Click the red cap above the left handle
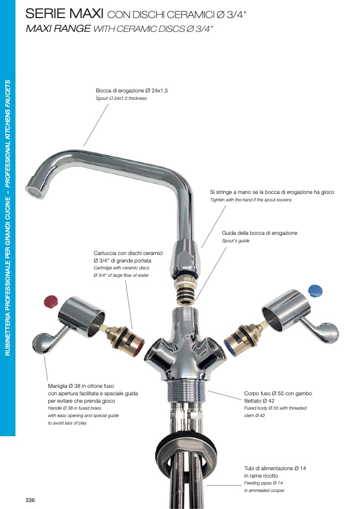51,301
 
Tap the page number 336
30,500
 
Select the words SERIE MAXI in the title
64,14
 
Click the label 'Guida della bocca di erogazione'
259,233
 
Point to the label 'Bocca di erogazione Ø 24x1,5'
131,90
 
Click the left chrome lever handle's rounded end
42,343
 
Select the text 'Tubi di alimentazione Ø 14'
275,468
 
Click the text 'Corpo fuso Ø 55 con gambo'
278,393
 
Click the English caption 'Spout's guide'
236,241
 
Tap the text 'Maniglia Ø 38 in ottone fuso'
81,386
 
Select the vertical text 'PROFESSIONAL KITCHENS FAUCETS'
8,134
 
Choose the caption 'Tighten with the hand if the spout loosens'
251,200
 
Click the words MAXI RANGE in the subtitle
58,29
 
